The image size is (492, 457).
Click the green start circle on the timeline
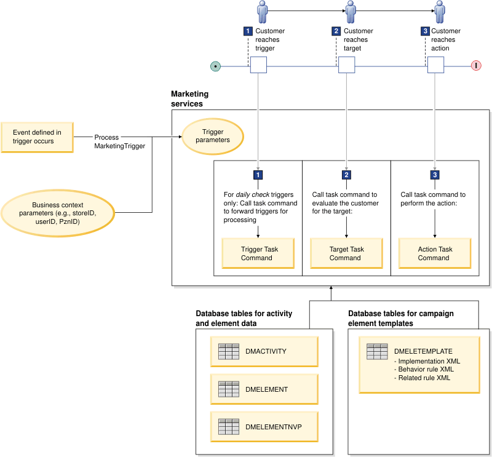click(215, 66)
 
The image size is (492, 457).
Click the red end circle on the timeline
click(476, 66)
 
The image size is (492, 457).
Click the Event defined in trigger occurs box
click(37, 137)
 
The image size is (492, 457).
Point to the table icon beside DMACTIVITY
click(228, 351)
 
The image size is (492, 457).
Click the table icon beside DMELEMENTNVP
click(228, 426)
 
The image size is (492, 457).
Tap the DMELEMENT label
click(266, 389)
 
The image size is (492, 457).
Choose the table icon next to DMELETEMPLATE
click(377, 351)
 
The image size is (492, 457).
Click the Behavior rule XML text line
click(426, 370)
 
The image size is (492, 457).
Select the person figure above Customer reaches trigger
click(263, 12)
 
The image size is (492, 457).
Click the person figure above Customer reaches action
click(440, 12)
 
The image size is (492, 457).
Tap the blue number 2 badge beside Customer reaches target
click(336, 31)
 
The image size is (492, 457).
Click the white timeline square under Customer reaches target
click(347, 65)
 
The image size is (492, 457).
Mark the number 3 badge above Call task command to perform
click(435, 175)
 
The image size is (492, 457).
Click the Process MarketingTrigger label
click(119, 141)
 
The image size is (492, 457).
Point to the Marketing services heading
click(189, 99)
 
